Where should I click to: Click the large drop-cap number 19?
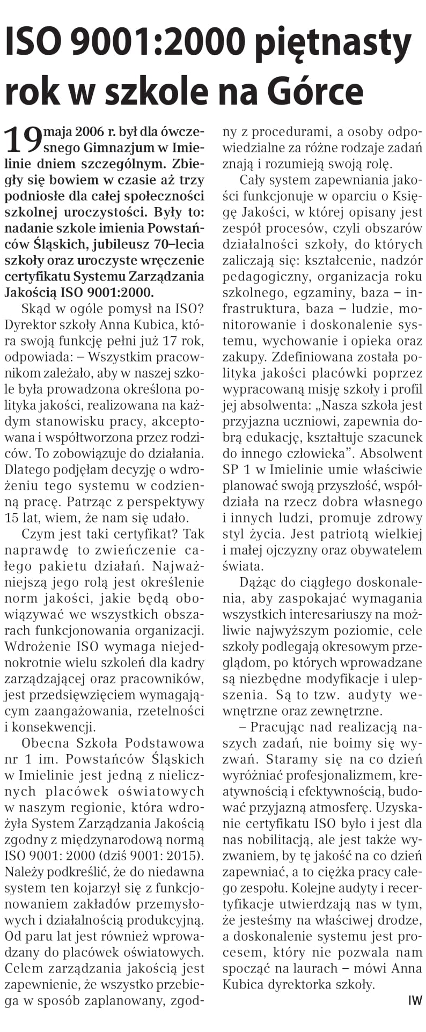click(24, 139)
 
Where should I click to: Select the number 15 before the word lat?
click(12, 518)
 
